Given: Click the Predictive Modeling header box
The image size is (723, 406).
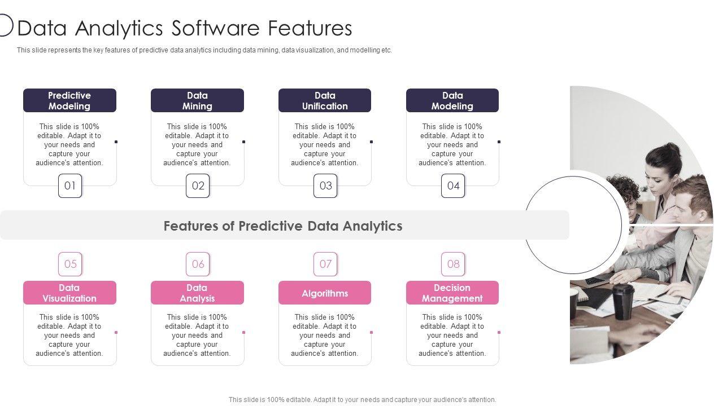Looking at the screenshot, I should (69, 100).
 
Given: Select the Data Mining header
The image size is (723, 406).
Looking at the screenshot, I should (197, 100).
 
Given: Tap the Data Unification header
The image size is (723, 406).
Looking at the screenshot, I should (325, 100).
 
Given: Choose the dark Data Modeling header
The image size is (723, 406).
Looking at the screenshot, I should (452, 100).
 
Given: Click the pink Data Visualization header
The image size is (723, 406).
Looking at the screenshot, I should (69, 293).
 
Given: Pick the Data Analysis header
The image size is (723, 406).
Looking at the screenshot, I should (197, 293).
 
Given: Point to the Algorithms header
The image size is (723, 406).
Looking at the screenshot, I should (325, 293).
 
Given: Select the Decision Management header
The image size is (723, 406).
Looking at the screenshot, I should (452, 293).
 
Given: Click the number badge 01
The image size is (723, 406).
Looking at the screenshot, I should (70, 186).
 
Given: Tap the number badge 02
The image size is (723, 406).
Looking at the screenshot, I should (198, 186).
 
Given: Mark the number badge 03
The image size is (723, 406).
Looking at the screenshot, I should (325, 186).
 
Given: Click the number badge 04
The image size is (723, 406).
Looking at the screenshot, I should (453, 186).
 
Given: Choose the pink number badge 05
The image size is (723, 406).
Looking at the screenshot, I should (70, 264).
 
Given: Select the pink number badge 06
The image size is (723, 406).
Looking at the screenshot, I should (198, 264).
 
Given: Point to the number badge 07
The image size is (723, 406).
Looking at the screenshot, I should (325, 264).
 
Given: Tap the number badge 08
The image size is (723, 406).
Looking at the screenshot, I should (453, 264).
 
